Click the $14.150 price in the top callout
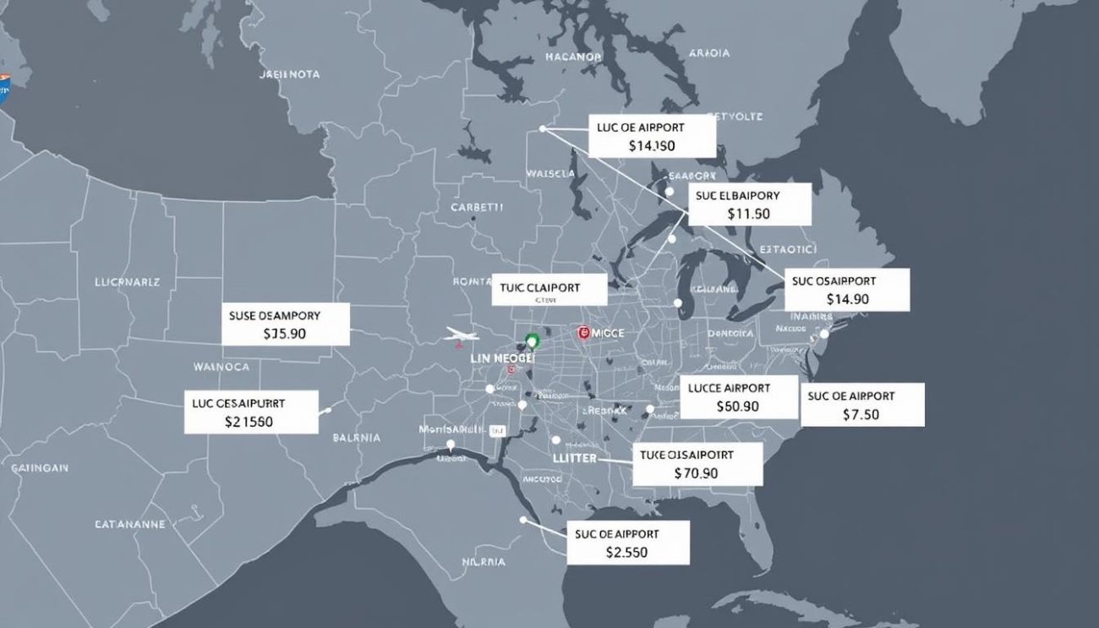point(652,145)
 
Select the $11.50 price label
point(748,214)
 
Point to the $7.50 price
point(861,414)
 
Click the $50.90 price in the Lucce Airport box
point(737,407)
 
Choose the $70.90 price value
point(696,473)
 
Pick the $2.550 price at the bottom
point(627,553)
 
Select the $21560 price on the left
point(249,421)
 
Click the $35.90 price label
point(285,334)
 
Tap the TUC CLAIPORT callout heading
point(539,287)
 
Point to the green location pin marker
point(532,341)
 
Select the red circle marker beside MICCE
point(583,333)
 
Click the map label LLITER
point(574,458)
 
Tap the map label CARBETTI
point(477,206)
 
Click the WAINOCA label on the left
point(221,367)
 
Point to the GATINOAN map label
point(41,467)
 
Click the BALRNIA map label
point(357,438)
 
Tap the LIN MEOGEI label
point(502,358)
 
